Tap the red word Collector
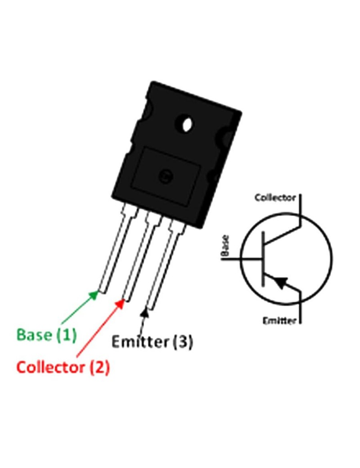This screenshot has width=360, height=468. (x=51, y=367)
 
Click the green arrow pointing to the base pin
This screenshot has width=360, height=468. (x=78, y=310)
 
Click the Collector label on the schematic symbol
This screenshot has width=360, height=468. (x=275, y=198)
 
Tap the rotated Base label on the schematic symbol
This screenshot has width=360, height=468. (x=226, y=246)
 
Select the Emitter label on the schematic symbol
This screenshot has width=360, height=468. (x=279, y=320)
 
